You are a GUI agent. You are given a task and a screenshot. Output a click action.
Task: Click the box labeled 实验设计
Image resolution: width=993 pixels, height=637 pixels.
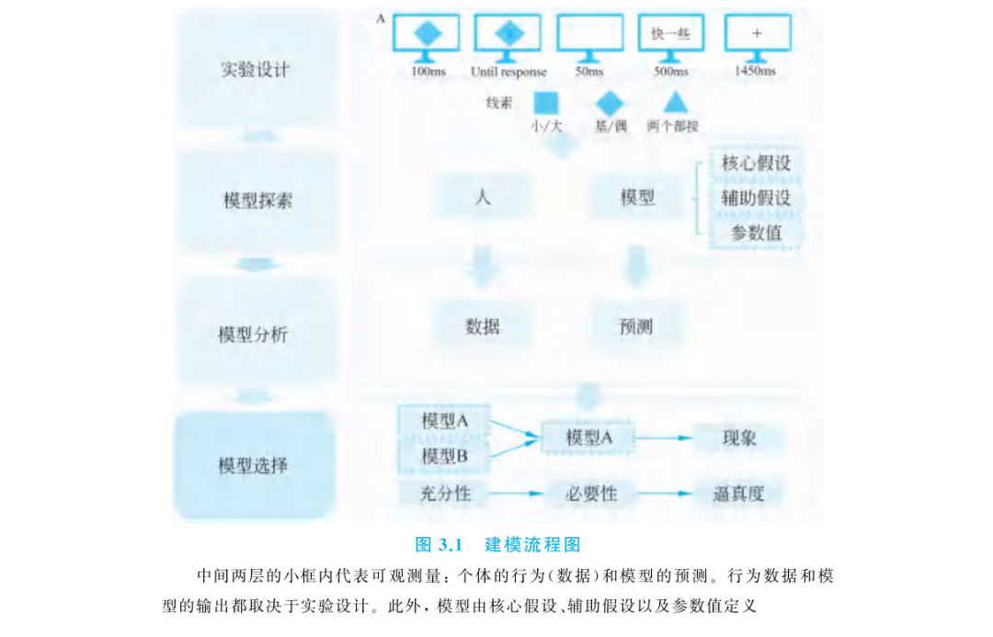pyautogui.click(x=256, y=70)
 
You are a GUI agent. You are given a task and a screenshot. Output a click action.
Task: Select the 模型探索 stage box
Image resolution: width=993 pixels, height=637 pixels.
pyautogui.click(x=257, y=200)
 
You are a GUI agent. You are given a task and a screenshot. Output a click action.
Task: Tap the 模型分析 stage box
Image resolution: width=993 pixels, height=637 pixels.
pyautogui.click(x=254, y=334)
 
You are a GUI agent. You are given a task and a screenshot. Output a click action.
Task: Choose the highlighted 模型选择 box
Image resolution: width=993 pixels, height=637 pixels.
pyautogui.click(x=254, y=466)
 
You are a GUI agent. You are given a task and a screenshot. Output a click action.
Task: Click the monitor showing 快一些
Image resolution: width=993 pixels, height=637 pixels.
pyautogui.click(x=670, y=37)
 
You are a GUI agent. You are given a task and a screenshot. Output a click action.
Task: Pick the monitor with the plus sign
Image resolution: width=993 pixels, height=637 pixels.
pyautogui.click(x=757, y=37)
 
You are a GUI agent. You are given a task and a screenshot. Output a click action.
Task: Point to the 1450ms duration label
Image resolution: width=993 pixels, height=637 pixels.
pyautogui.click(x=755, y=71)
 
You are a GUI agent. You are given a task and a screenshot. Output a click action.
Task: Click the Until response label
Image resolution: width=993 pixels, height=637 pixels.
pyautogui.click(x=508, y=72)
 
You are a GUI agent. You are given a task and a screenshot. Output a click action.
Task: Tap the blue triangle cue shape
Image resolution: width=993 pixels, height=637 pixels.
pyautogui.click(x=675, y=103)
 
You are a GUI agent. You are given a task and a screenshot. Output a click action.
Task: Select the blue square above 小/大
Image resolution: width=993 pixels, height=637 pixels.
pyautogui.click(x=546, y=103)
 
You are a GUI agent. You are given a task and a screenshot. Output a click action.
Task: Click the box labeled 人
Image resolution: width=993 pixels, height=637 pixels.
pyautogui.click(x=483, y=198)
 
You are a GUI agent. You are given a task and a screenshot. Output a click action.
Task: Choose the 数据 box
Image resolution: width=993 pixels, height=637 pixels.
pyautogui.click(x=483, y=326)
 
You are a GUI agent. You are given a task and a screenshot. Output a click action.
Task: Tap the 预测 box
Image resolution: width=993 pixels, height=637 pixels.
pyautogui.click(x=636, y=326)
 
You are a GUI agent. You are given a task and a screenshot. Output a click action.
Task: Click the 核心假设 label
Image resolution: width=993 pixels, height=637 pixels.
pyautogui.click(x=756, y=164)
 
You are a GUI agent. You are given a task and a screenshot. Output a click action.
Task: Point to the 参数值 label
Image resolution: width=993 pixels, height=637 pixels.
pyautogui.click(x=756, y=233)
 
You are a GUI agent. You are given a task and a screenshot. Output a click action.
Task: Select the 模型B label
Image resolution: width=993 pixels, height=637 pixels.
pyautogui.click(x=445, y=456)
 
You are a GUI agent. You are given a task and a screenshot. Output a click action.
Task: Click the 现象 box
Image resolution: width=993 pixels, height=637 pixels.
pyautogui.click(x=739, y=438)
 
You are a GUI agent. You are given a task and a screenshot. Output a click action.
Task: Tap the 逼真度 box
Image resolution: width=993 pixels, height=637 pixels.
pyautogui.click(x=739, y=494)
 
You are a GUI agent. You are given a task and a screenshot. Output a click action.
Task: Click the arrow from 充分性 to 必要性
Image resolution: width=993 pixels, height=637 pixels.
pyautogui.click(x=516, y=494)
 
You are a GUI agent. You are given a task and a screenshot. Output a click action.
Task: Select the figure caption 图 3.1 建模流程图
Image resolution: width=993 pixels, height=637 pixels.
pyautogui.click(x=497, y=544)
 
